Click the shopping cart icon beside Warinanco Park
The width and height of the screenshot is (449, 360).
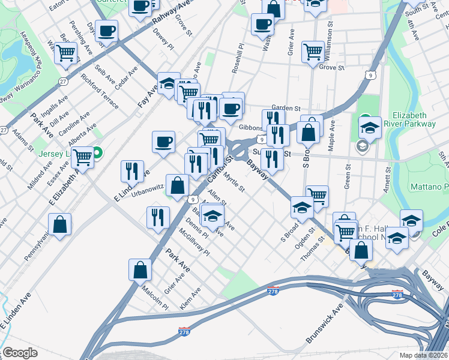(x=66, y=54)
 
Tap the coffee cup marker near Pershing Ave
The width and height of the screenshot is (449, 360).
(x=106, y=31)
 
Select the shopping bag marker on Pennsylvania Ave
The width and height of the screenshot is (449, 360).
(x=60, y=226)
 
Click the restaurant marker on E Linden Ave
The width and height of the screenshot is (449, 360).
(x=131, y=171)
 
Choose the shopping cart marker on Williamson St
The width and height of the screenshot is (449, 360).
(x=313, y=52)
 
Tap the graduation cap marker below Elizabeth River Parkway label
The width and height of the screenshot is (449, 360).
(x=370, y=128)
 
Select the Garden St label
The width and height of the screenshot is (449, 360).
(x=286, y=108)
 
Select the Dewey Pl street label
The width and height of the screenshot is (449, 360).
(x=162, y=43)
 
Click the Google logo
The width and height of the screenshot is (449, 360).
(x=20, y=352)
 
